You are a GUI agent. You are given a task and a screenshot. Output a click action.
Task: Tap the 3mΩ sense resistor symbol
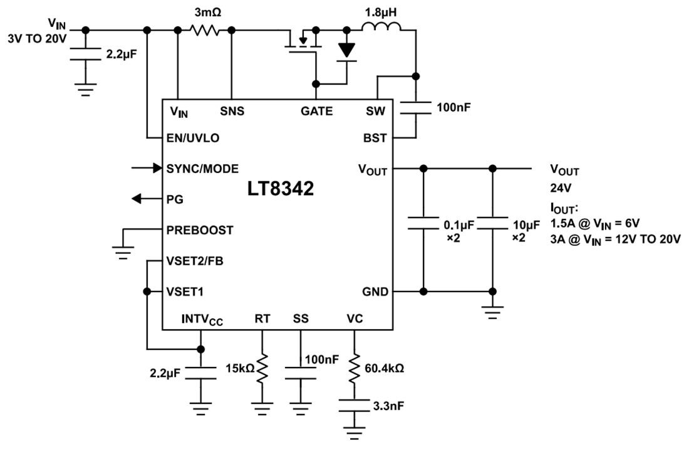tap(205, 29)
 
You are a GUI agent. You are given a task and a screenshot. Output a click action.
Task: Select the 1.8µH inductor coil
tap(381, 27)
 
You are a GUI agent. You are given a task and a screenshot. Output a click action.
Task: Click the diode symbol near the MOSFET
tap(346, 50)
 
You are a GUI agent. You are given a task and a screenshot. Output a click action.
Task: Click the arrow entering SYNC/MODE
tap(147, 168)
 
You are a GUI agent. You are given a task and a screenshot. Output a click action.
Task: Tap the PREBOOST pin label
tap(200, 230)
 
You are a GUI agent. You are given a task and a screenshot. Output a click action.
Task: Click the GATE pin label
tap(316, 112)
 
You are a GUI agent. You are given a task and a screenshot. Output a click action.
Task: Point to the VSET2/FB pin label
tap(195, 261)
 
